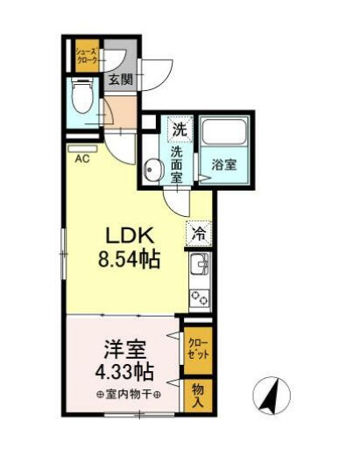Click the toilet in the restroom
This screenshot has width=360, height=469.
click(83, 97)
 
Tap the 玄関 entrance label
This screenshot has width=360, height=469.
click(120, 80)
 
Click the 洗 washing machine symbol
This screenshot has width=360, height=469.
click(179, 129)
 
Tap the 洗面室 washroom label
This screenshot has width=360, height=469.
click(177, 164)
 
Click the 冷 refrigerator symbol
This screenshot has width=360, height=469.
click(199, 234)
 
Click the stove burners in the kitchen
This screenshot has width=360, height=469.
click(199, 297)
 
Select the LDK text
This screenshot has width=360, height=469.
click(131, 236)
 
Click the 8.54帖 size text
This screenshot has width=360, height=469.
click(128, 260)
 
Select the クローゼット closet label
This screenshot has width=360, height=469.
click(195, 348)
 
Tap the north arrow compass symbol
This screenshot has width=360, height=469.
click(272, 396)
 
